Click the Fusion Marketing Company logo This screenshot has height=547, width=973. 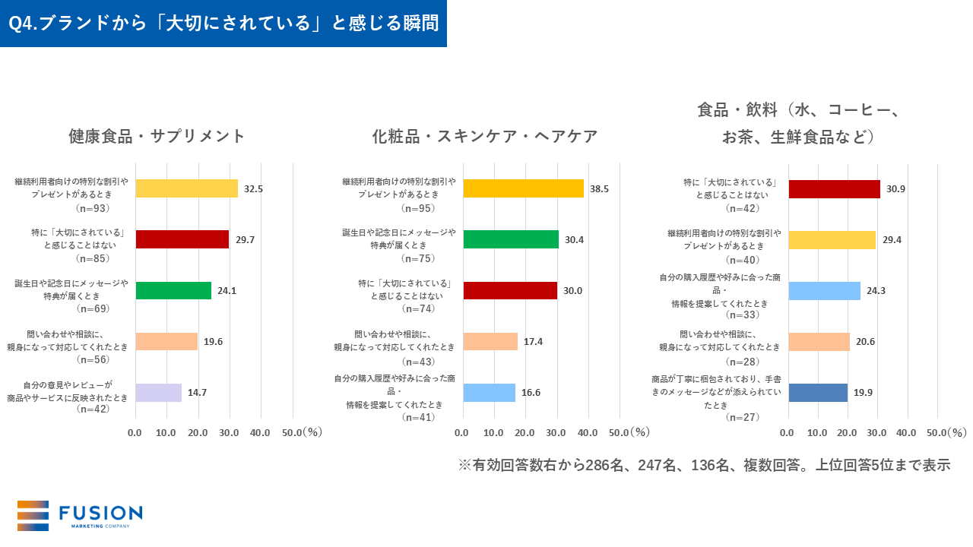point(80,516)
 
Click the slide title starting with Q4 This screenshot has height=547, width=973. point(223,24)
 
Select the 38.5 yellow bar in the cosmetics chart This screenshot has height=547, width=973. point(523,188)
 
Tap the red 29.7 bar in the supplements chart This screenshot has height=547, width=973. point(182,239)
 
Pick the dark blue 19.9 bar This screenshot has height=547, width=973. point(818,393)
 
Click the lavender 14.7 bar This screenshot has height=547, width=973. point(159,393)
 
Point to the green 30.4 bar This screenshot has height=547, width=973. point(511,239)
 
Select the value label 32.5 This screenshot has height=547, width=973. point(253,188)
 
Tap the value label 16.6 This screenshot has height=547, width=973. point(532,393)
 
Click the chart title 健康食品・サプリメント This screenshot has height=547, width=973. point(157,136)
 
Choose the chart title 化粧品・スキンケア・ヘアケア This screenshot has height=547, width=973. point(485,136)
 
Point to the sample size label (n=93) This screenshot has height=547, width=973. point(93,207)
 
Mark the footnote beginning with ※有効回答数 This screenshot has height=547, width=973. point(704,465)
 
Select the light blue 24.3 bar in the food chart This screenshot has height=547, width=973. point(825,290)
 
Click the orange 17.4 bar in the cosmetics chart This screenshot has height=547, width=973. point(490,341)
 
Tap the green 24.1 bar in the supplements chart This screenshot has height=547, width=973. point(173,290)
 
